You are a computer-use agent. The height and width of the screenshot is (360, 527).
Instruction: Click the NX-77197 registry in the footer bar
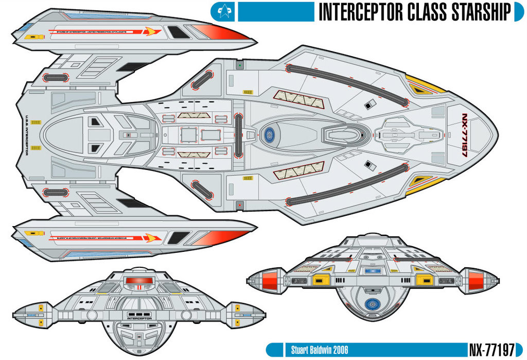tap(491, 350)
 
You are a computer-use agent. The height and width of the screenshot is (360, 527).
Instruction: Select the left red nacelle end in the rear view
tap(270, 281)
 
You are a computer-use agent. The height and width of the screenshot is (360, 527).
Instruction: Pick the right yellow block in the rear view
tap(424, 280)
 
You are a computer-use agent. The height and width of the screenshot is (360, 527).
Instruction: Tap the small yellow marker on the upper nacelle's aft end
tap(28, 38)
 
